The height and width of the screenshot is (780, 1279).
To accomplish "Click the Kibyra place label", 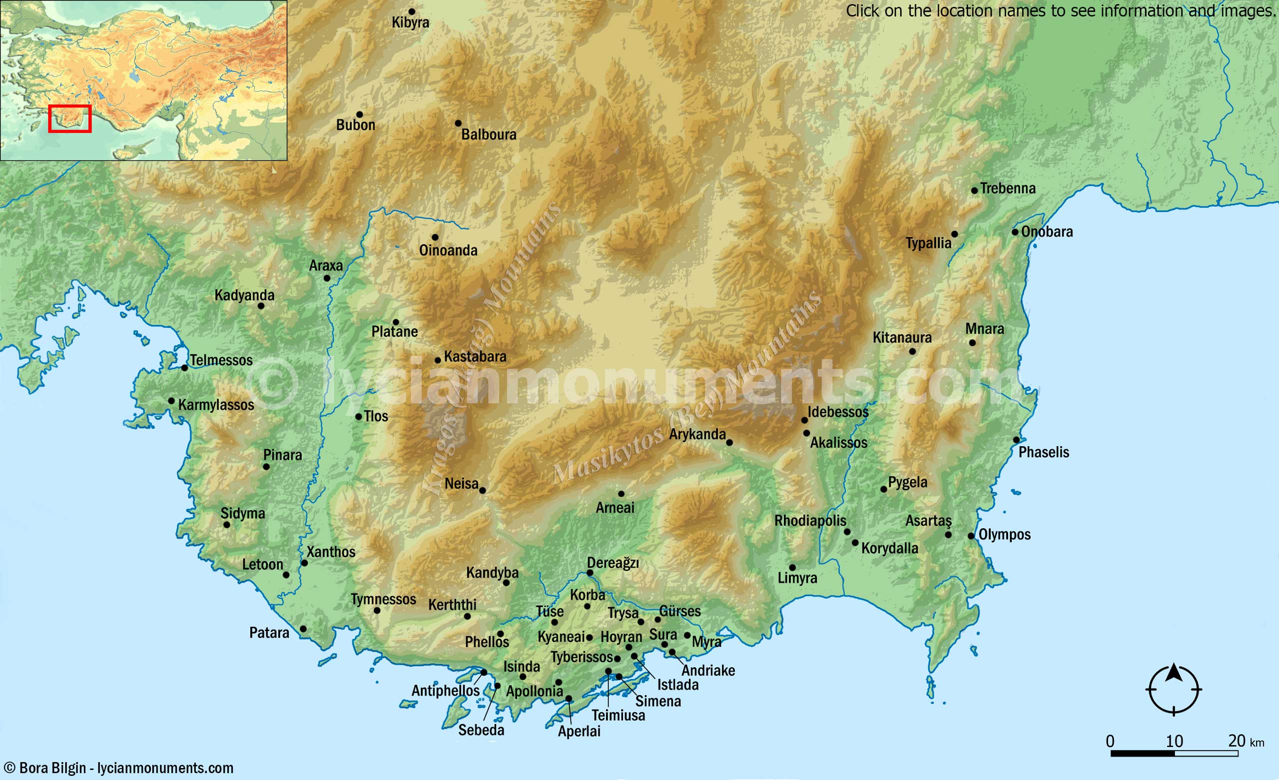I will click(410, 23).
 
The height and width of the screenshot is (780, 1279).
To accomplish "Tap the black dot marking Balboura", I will click(458, 123).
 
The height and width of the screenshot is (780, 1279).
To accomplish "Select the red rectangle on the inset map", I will click(70, 119).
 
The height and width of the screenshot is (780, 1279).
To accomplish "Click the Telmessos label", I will click(221, 360).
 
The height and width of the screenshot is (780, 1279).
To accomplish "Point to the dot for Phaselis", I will click(1016, 440).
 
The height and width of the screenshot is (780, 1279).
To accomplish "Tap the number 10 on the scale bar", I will click(1174, 741).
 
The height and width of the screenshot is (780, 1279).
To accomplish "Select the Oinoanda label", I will click(448, 250).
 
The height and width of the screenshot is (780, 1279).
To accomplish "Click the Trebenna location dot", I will click(974, 190).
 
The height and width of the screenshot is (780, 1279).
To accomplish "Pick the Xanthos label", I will click(331, 552).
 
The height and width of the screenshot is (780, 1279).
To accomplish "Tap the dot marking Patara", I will click(303, 629).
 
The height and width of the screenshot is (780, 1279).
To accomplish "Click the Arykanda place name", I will click(697, 434).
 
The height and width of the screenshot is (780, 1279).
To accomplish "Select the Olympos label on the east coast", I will click(1004, 534).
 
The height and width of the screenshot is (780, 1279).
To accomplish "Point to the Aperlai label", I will click(579, 731).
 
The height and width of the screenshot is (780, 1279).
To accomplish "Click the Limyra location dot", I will click(792, 568).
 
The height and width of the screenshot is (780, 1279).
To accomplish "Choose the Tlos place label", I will click(376, 416).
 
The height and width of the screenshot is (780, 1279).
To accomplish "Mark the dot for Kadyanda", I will click(261, 306).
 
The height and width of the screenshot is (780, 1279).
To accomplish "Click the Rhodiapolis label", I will click(810, 520).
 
